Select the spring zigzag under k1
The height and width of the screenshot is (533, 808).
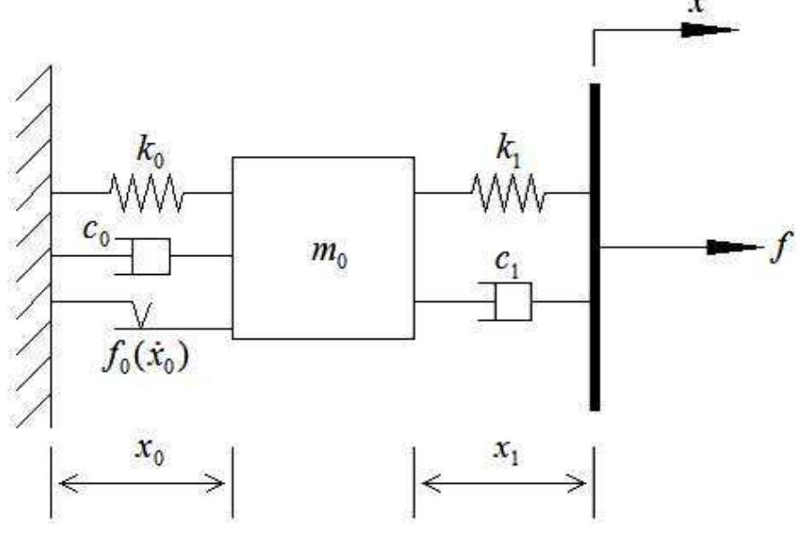click(x=506, y=192)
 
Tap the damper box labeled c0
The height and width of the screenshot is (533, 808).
click(x=150, y=255)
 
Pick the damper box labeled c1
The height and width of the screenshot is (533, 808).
click(x=513, y=301)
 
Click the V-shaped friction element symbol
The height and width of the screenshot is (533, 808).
click(x=140, y=314)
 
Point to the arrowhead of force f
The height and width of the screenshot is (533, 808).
click(x=732, y=247)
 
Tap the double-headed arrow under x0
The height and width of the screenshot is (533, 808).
click(x=141, y=486)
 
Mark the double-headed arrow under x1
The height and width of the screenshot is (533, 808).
click(x=503, y=486)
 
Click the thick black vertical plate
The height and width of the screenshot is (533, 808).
click(x=594, y=246)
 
